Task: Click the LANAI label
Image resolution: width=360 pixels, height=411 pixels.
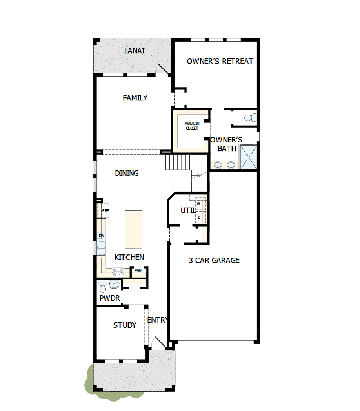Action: pyautogui.click(x=135, y=51)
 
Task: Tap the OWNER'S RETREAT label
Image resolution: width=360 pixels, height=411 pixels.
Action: pyautogui.click(x=220, y=61)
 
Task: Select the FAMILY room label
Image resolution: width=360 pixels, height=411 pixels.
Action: pyautogui.click(x=135, y=98)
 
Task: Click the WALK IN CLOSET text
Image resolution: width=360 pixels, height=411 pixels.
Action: pyautogui.click(x=192, y=126)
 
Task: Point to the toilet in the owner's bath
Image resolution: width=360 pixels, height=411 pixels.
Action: pyautogui.click(x=250, y=117)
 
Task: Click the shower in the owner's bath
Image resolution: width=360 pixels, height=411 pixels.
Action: pyautogui.click(x=249, y=157)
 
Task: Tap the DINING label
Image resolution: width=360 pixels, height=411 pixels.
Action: pyautogui.click(x=127, y=173)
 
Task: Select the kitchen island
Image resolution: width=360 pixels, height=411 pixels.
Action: pyautogui.click(x=133, y=230)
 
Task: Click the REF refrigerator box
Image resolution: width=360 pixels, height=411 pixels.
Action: pyautogui.click(x=105, y=210)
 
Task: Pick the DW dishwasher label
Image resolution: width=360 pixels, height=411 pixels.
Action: pyautogui.click(x=102, y=236)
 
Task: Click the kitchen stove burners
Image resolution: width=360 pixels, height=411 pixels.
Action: pyautogui.click(x=118, y=270)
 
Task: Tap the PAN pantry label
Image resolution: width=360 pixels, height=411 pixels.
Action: pyautogui.click(x=138, y=270)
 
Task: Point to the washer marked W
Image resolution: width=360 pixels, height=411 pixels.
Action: pyautogui.click(x=198, y=204)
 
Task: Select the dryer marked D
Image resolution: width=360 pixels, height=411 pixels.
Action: pyautogui.click(x=199, y=217)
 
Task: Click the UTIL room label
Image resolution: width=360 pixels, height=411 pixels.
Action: pyautogui.click(x=188, y=211)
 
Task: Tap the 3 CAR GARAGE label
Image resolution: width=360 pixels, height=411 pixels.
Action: pyautogui.click(x=214, y=260)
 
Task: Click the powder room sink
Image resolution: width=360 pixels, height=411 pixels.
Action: pyautogui.click(x=115, y=285)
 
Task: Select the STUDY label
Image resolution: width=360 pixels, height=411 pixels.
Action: pyautogui.click(x=125, y=325)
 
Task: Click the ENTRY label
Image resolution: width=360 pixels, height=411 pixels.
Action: pyautogui.click(x=157, y=320)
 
